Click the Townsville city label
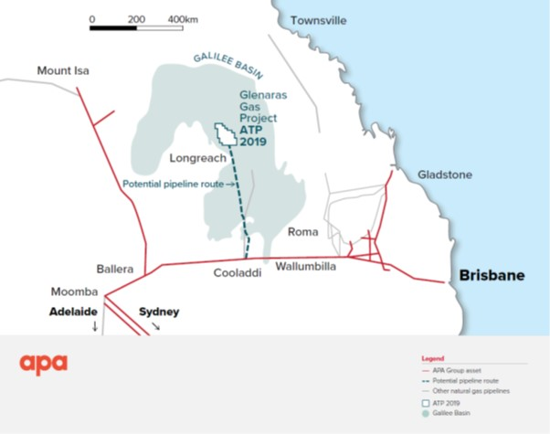pos(320,20)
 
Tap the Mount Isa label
pos(66,70)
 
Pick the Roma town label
pos(302,232)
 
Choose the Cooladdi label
pos(239,273)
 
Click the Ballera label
pos(115,270)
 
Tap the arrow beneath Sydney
pos(155,325)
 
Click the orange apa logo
pos(44,364)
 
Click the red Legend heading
pos(431,357)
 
